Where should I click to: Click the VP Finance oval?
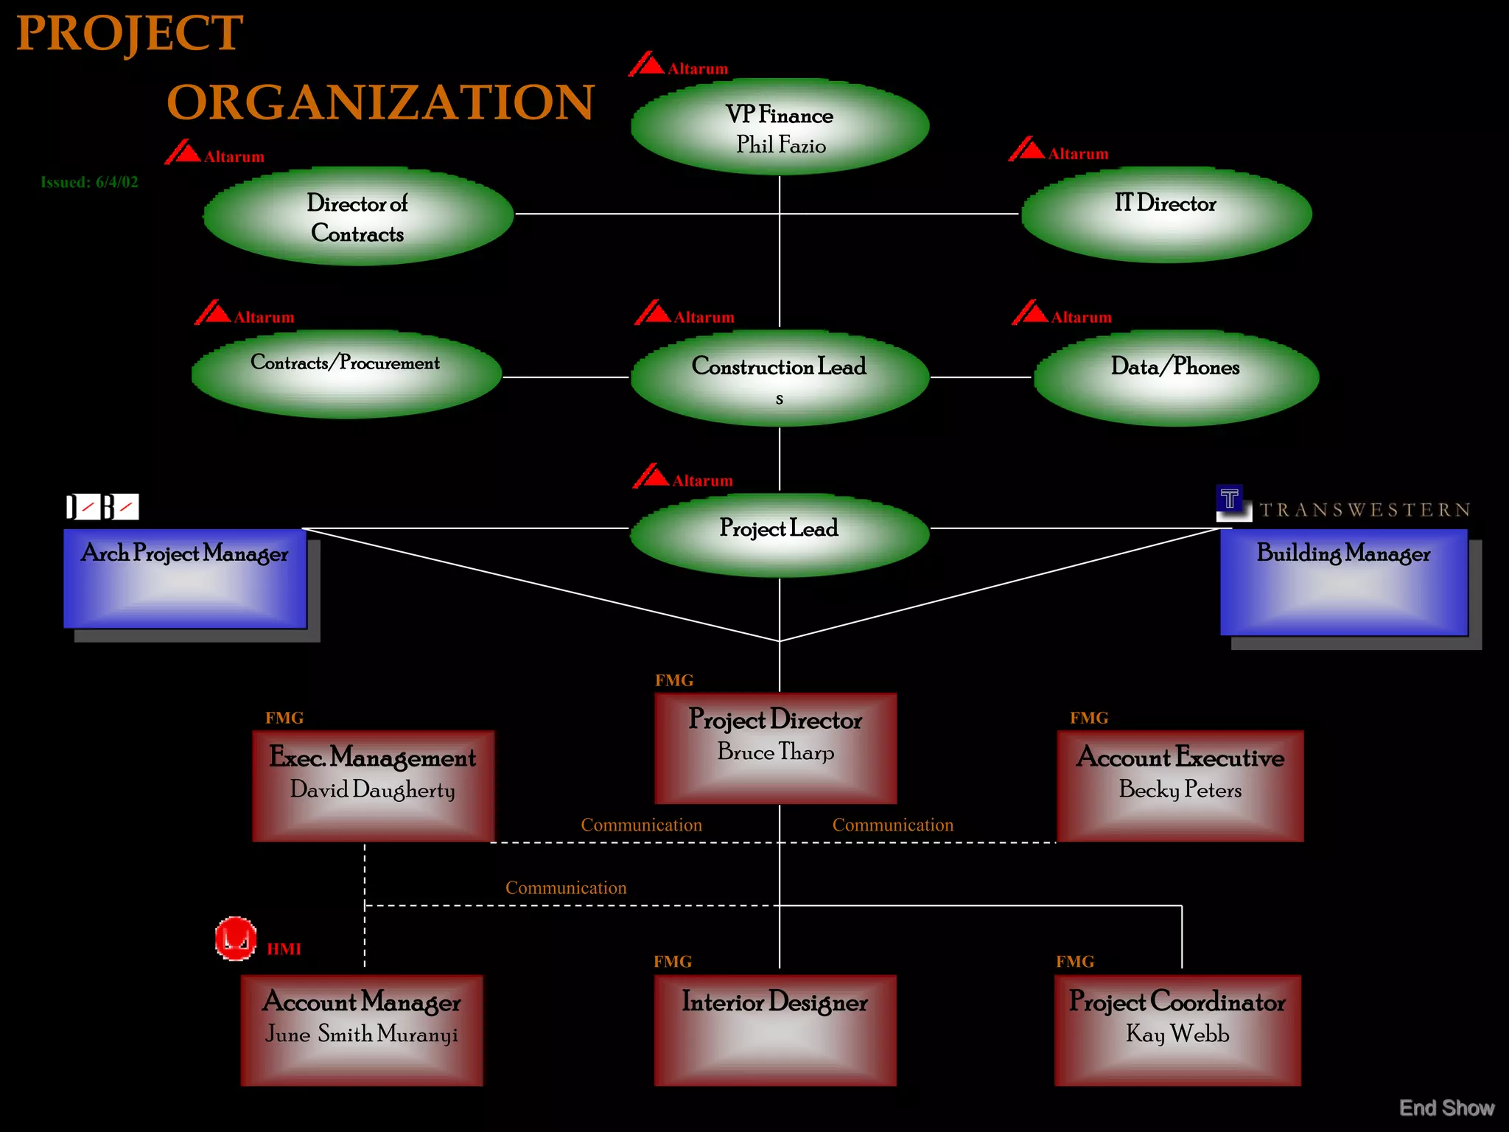pos(780,127)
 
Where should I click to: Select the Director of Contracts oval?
pos(358,217)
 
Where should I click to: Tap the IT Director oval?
pos(1166,214)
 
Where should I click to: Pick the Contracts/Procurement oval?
pos(346,375)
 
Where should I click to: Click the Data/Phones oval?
pos(1176,377)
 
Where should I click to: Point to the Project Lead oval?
pos(780,534)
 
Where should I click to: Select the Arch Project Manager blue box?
pos(185,579)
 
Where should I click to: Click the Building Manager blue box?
pos(1343,582)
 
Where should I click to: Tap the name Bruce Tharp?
pos(776,752)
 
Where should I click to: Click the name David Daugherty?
pos(372,790)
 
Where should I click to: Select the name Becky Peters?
pos(1180,790)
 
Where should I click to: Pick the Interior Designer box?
pos(775,1030)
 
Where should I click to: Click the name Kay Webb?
pos(1177,1034)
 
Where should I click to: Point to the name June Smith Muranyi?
pos(361,1035)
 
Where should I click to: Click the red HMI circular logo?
pos(236,939)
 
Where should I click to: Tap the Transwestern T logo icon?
pos(1230,500)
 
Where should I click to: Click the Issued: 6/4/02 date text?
pos(89,182)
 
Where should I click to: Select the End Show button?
pos(1446,1108)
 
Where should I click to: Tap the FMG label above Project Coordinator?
pos(1075,962)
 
